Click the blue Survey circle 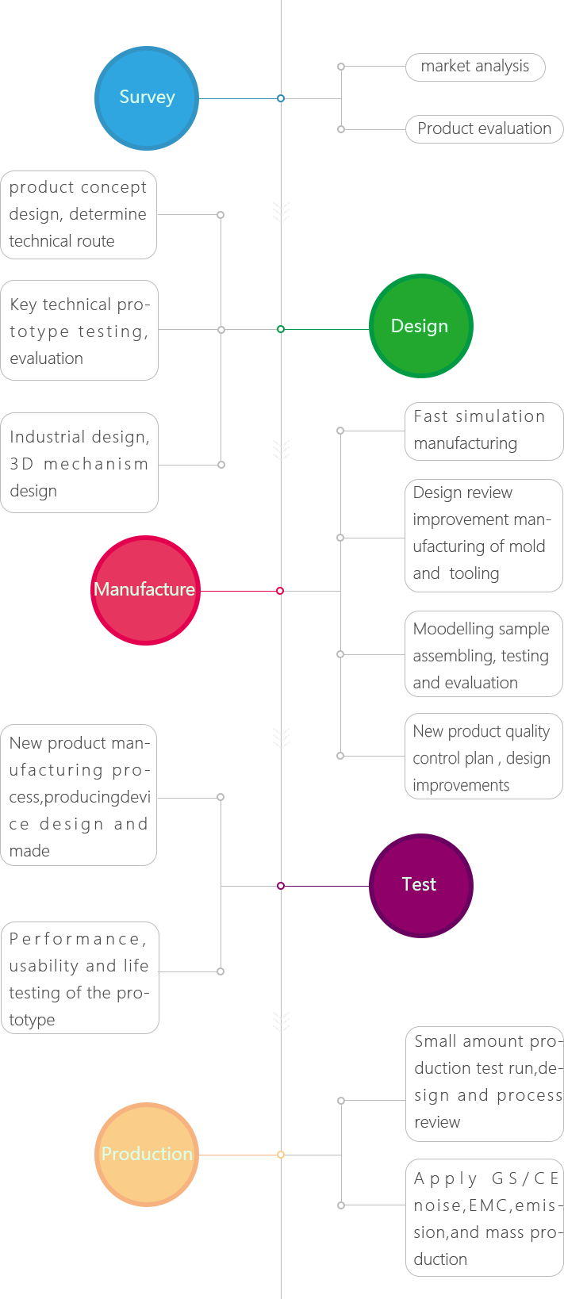point(146,98)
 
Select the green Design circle point(420,326)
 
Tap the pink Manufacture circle point(145,590)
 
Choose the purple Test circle point(420,885)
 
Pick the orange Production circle point(147,1154)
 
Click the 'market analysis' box point(475,67)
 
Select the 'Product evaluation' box point(484,129)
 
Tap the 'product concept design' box point(79,214)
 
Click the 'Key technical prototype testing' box point(79,330)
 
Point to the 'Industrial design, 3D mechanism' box point(79,463)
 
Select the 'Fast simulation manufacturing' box point(483,431)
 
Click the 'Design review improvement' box point(483,535)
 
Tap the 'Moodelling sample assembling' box point(483,654)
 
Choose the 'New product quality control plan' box point(483,757)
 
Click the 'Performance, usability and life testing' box point(79,978)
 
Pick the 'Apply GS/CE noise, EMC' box point(484,1217)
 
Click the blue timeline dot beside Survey point(281,98)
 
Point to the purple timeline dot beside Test point(281,886)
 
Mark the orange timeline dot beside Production point(281,1155)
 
